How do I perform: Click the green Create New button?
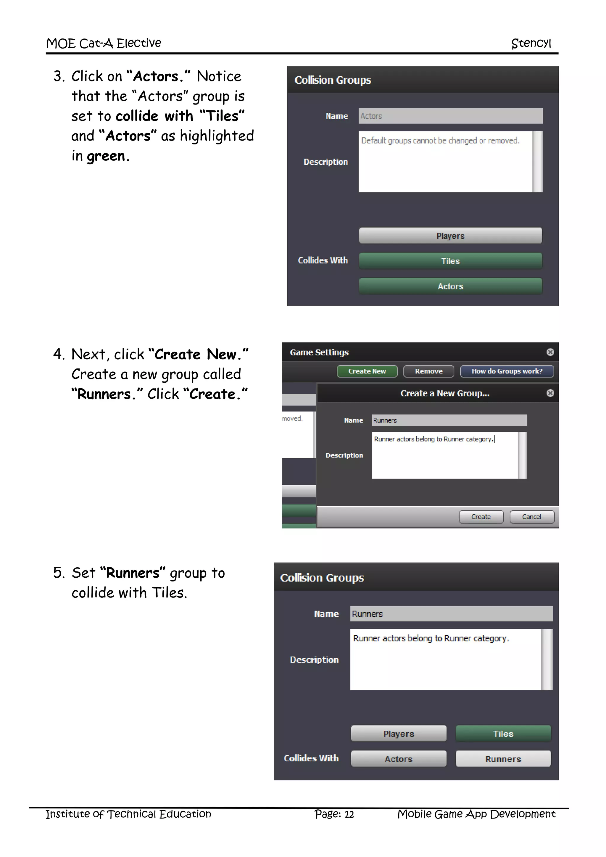tap(367, 371)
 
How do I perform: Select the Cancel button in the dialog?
tap(531, 517)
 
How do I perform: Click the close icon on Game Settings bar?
tap(550, 352)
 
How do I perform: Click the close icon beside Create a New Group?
tap(550, 393)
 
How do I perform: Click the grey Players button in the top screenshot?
tap(450, 236)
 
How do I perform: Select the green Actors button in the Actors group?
tap(450, 286)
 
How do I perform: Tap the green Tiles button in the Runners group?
tap(503, 734)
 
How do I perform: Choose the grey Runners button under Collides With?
tap(503, 758)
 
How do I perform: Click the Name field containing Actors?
tap(450, 116)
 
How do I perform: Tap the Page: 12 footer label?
tap(334, 814)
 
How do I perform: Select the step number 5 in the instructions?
tap(59, 573)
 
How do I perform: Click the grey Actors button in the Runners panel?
tap(398, 758)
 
